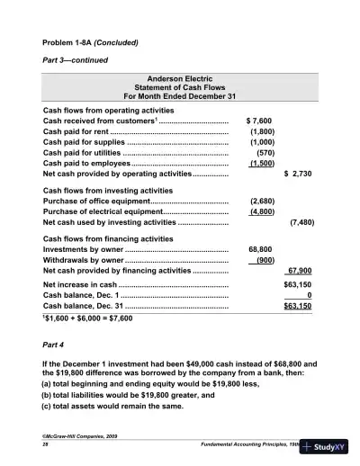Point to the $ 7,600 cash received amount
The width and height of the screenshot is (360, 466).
(x=259, y=120)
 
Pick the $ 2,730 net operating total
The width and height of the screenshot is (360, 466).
(x=297, y=175)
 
